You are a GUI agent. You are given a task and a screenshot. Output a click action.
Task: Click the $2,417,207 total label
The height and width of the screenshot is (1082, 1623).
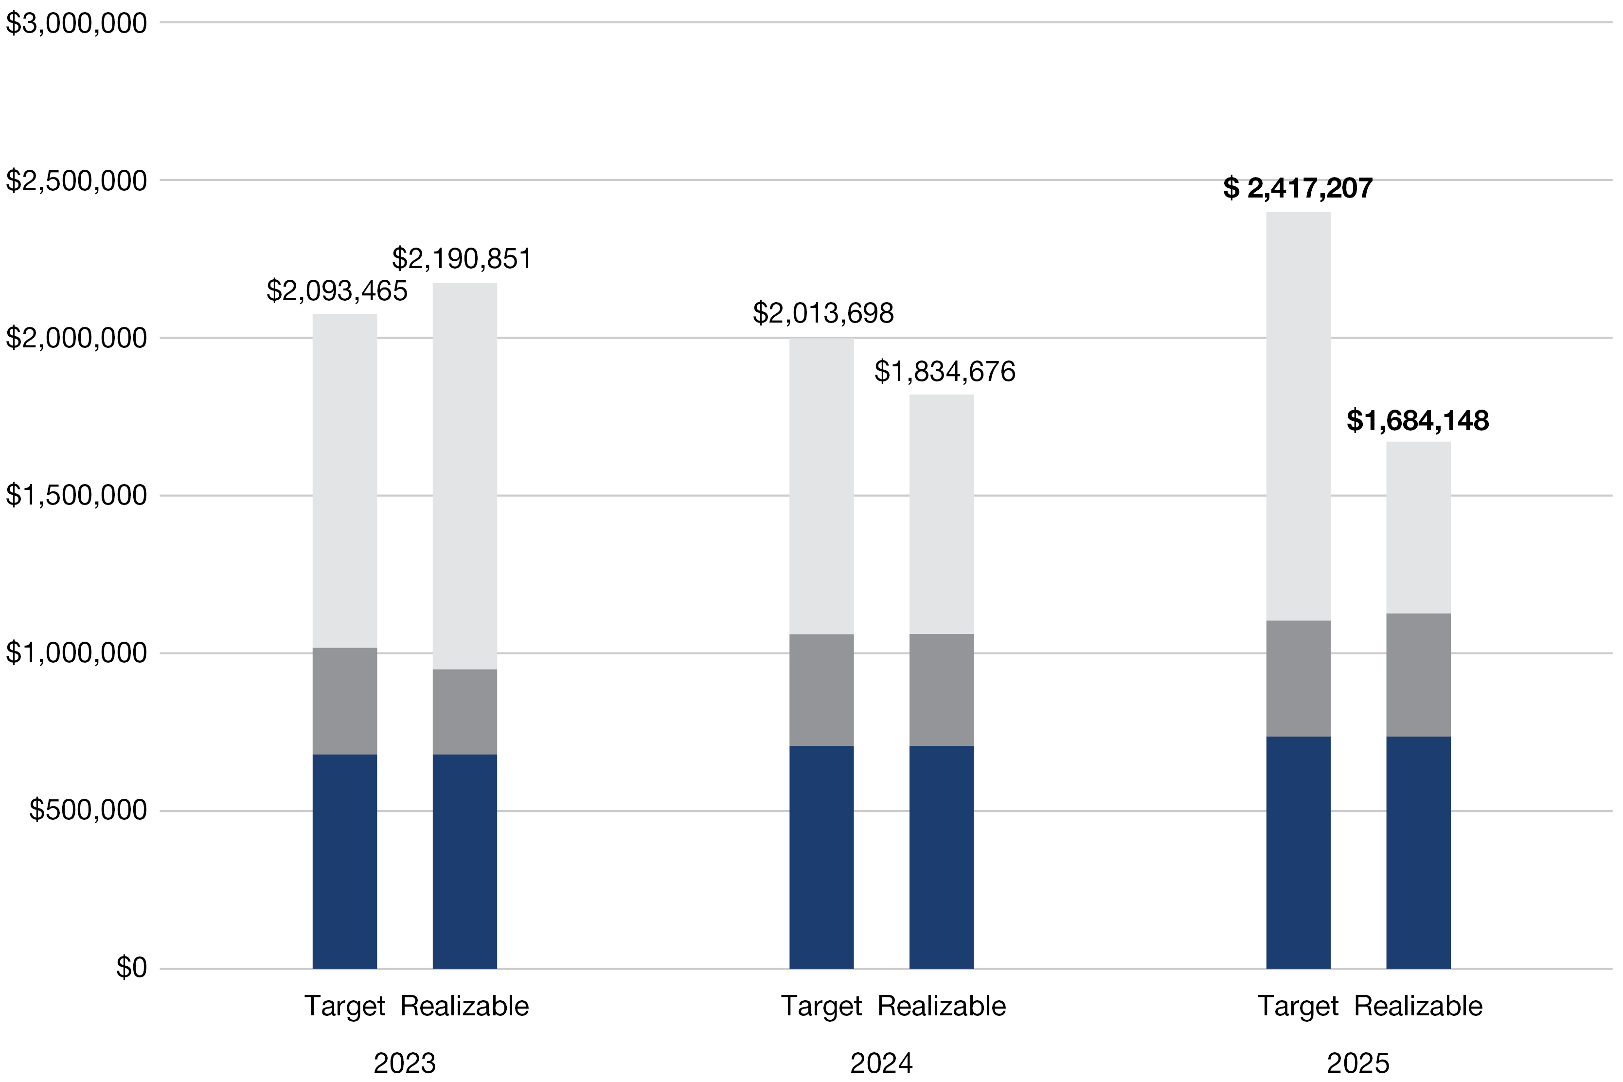coord(1298,188)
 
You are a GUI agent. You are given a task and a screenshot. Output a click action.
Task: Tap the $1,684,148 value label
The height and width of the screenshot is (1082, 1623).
coord(1417,421)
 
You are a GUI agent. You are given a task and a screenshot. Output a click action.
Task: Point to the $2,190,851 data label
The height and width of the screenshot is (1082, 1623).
coord(462,259)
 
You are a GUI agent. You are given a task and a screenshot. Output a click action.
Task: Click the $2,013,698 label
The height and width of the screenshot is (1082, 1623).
coord(823,314)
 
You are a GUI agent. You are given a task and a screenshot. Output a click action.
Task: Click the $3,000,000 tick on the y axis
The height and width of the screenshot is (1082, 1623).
coord(76,23)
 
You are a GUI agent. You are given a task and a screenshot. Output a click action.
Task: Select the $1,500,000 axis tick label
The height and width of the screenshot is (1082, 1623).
coord(76,495)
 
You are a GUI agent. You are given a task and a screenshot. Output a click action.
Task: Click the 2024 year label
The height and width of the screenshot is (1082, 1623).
coord(881,1064)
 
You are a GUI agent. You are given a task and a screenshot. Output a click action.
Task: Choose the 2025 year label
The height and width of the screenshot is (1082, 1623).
coord(1357,1064)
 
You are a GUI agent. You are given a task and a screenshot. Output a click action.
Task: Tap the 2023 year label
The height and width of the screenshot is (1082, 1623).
coord(404,1064)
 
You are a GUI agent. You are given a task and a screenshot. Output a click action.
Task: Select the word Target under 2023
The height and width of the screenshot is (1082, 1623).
coord(344,1006)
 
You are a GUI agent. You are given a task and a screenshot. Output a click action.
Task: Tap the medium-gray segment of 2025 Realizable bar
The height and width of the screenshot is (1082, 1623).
coord(1418,675)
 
